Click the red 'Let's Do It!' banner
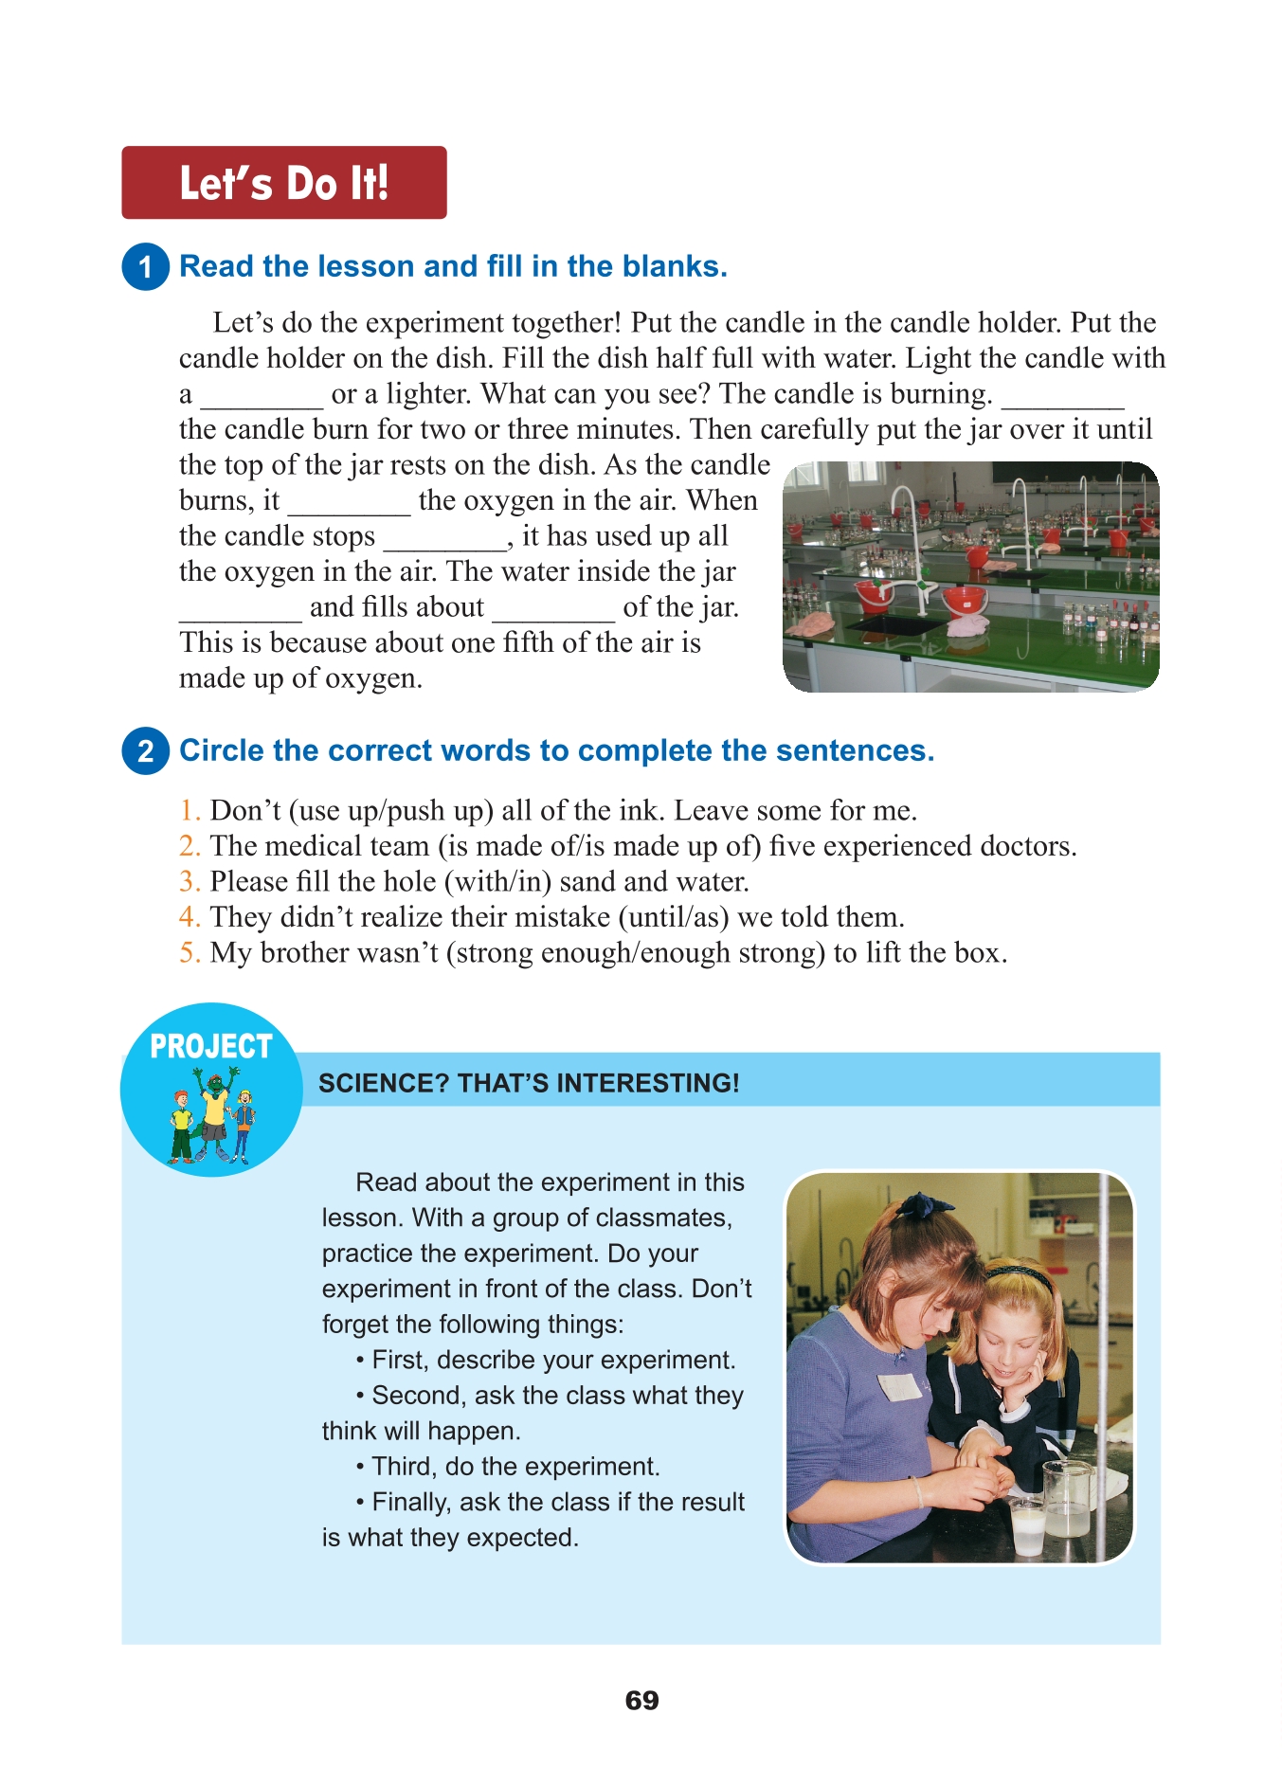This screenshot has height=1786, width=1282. [283, 183]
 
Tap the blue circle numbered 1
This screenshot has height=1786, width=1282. [145, 266]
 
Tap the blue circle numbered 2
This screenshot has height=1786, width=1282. [145, 751]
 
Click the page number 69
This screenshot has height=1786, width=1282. [641, 1700]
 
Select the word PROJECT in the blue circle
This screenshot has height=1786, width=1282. [210, 1046]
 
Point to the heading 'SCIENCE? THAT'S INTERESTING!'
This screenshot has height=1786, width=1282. [529, 1083]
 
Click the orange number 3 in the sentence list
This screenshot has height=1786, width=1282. [189, 882]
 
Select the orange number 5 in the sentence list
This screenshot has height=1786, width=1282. [189, 953]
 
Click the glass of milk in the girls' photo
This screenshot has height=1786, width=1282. [1028, 1525]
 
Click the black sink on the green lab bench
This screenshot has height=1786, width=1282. [890, 625]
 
